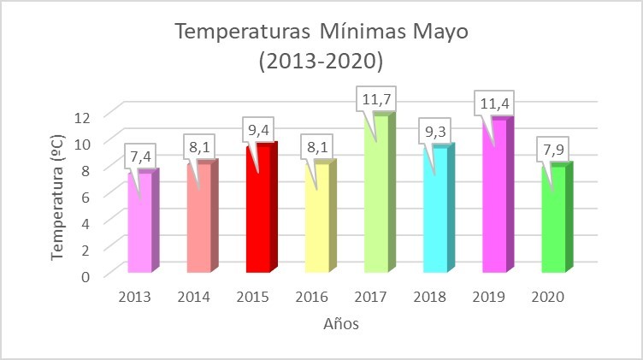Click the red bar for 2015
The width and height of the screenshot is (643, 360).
[x=257, y=210]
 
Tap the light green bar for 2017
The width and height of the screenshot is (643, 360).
[x=375, y=197]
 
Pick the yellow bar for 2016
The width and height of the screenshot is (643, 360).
[x=316, y=218]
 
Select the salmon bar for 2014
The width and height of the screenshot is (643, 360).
[x=198, y=218]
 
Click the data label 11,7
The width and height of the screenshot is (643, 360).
[x=376, y=99]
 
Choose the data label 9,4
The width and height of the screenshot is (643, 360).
[x=258, y=129]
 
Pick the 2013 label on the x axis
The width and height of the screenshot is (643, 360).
[x=136, y=297]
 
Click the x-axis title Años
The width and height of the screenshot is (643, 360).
[x=341, y=324]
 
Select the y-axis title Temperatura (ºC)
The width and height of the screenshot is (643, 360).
[x=58, y=196]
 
